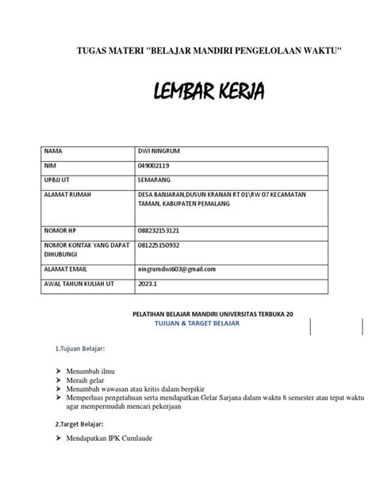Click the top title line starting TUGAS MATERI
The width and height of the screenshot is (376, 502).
208,52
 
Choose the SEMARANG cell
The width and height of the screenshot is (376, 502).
155,180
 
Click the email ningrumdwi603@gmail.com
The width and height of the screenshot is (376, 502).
179,270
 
